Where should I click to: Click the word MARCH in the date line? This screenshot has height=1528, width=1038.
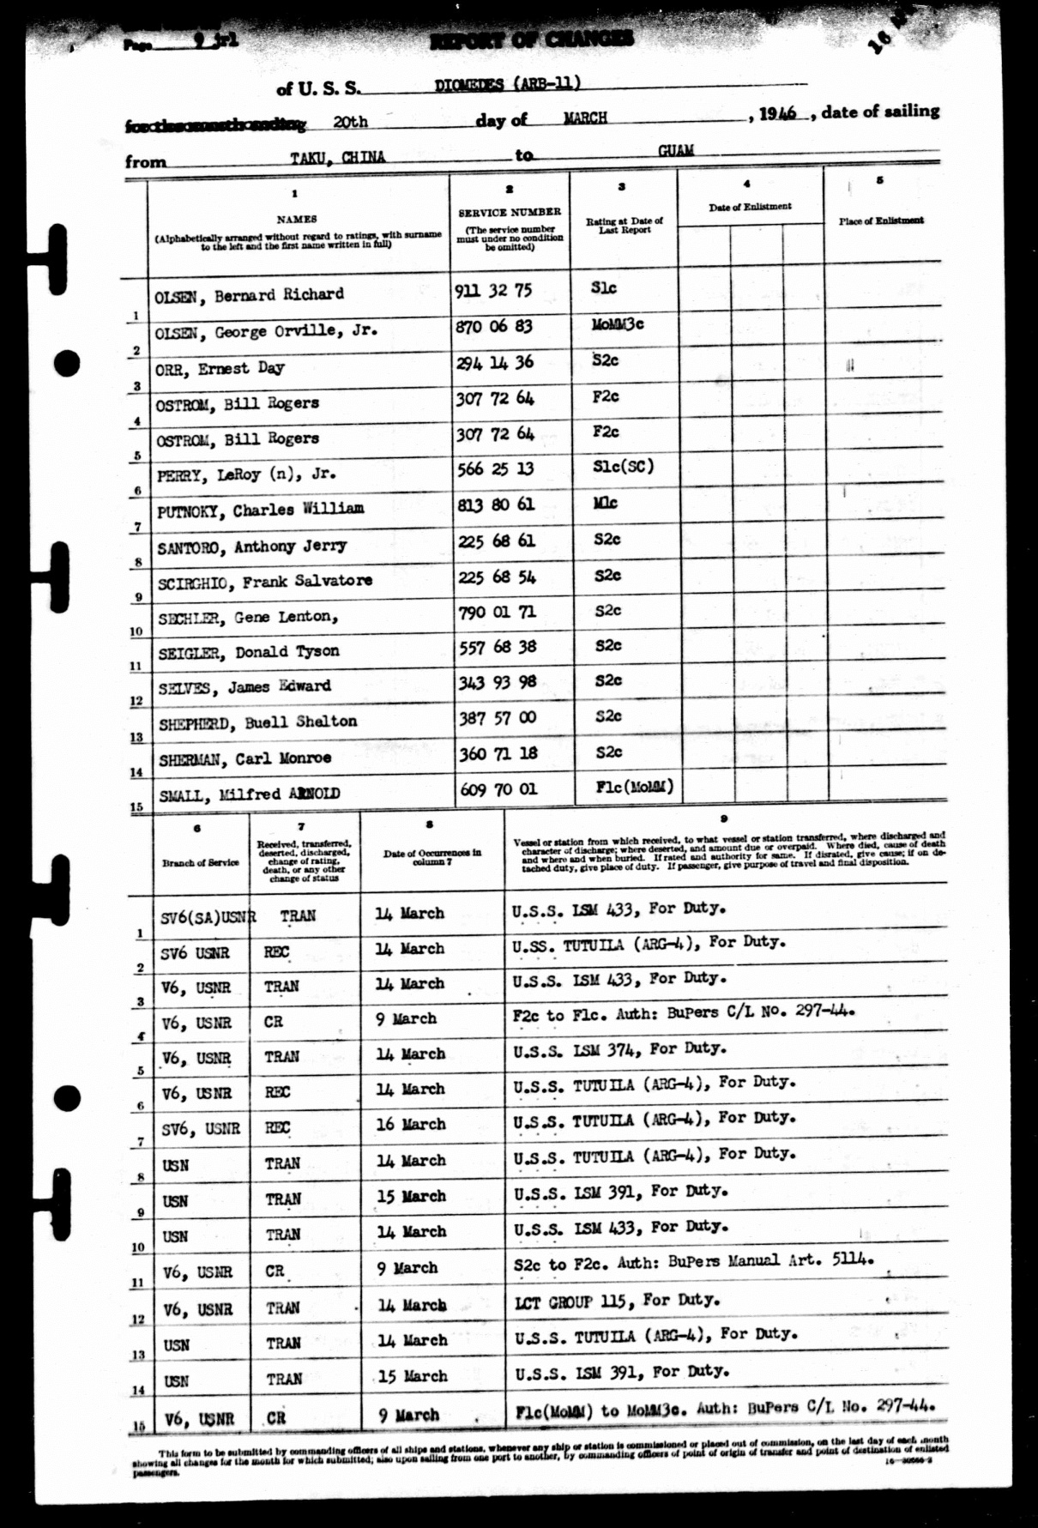(x=585, y=118)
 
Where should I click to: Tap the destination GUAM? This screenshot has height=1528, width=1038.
(x=675, y=151)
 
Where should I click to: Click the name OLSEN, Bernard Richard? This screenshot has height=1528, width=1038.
(x=249, y=295)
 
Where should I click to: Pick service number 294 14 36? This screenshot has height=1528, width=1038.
(x=494, y=363)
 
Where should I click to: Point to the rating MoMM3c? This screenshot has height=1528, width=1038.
(x=618, y=324)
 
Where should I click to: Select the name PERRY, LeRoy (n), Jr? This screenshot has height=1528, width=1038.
(x=246, y=474)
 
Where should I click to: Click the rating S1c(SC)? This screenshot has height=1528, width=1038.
(x=623, y=467)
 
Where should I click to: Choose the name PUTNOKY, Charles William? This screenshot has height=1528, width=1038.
(x=260, y=510)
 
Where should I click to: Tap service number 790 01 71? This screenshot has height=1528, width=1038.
(x=497, y=613)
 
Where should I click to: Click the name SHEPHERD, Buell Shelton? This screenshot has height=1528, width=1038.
(x=257, y=722)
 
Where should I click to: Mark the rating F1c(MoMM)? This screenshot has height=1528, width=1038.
(x=634, y=787)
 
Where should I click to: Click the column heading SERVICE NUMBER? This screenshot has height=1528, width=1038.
(x=510, y=212)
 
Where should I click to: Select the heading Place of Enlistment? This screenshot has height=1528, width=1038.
(x=881, y=220)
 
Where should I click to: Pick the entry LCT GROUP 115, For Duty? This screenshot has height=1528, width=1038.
(x=617, y=1302)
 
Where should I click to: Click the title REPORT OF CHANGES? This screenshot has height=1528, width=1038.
(x=532, y=39)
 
